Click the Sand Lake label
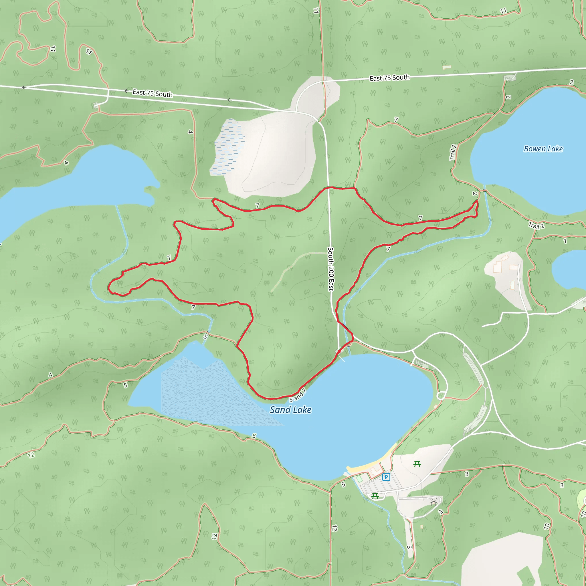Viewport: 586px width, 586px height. click(x=291, y=410)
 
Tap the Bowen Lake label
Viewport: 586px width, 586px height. click(x=543, y=149)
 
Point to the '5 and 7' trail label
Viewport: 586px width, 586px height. click(x=297, y=395)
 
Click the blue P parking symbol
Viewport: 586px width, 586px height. click(x=386, y=477)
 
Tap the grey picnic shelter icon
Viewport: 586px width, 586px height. click(x=433, y=503)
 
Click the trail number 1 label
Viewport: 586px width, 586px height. click(x=565, y=241)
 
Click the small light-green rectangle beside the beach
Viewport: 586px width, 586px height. click(x=359, y=479)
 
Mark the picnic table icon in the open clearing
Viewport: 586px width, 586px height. click(x=417, y=464)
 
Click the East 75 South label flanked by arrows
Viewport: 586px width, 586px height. click(x=153, y=93)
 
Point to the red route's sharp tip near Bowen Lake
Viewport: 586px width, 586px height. click(x=477, y=201)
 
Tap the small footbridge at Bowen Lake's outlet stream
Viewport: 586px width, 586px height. click(x=485, y=190)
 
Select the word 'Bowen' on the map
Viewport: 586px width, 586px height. click(x=534, y=149)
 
